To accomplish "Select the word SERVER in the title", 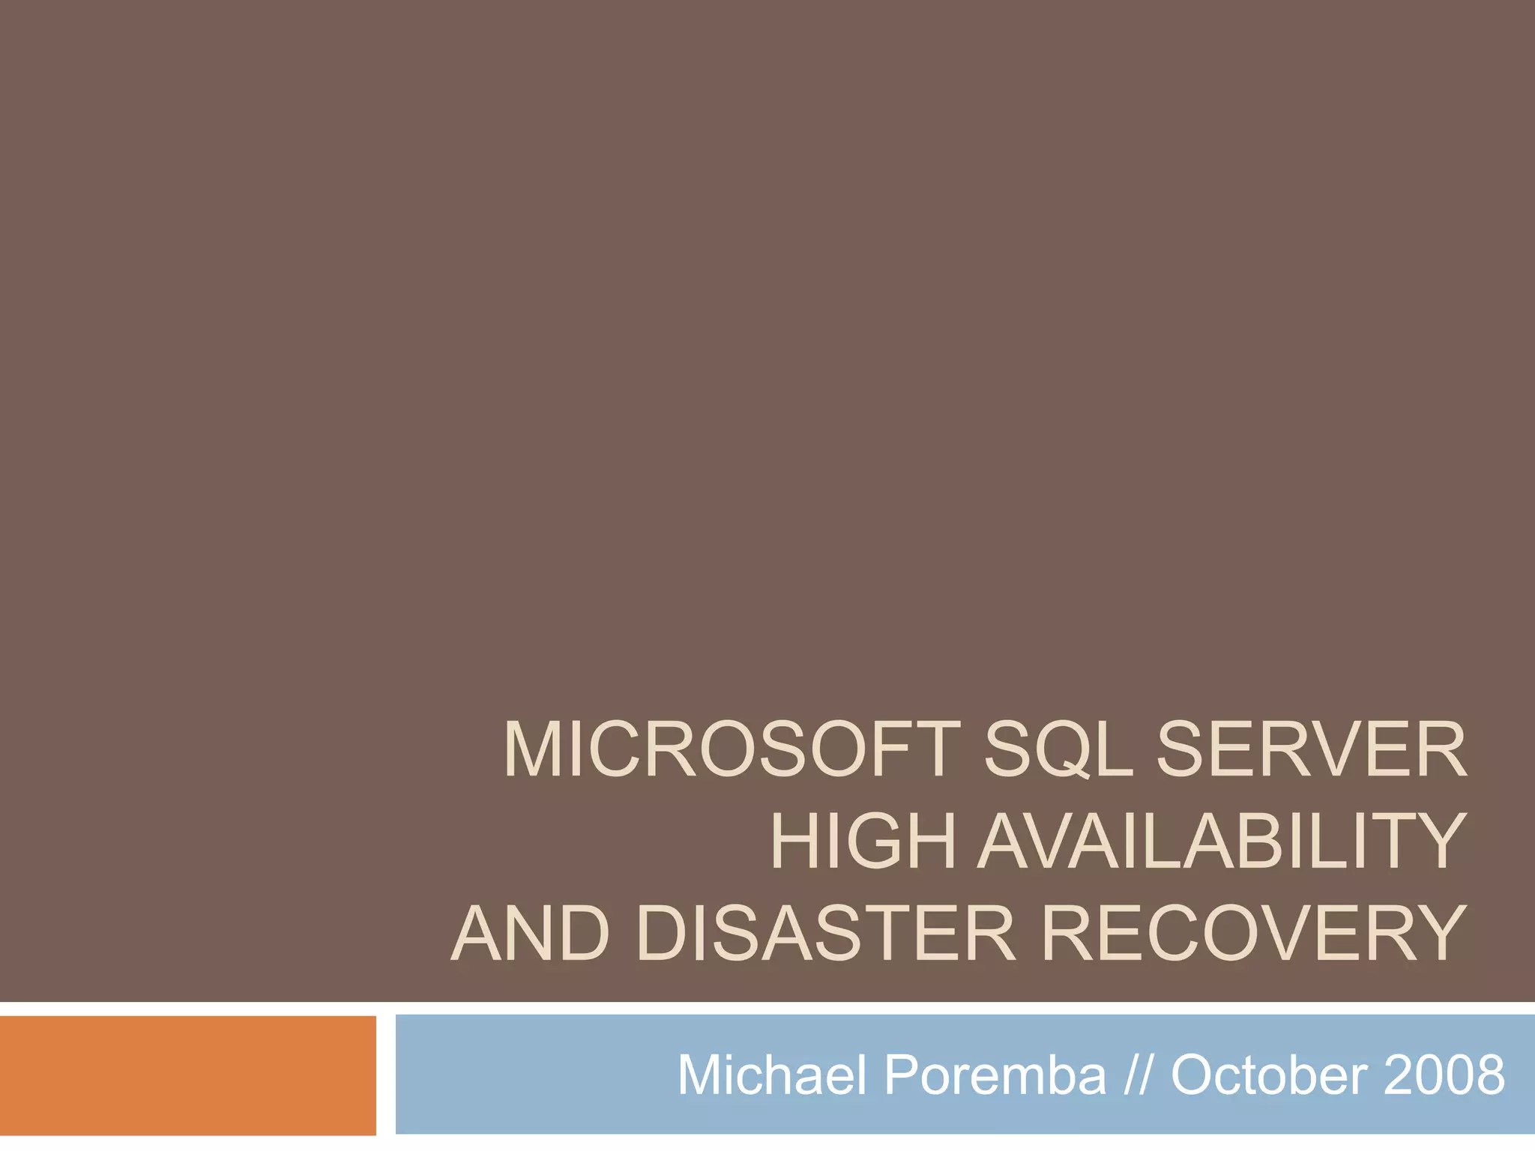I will [1311, 749].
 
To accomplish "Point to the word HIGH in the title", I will [863, 842].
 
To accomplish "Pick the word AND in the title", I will [528, 934].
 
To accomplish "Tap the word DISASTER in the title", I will [825, 934].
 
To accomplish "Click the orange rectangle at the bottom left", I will [187, 1075].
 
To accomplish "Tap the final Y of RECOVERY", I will [1435, 934].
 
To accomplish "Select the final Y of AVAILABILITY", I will [1435, 842].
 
